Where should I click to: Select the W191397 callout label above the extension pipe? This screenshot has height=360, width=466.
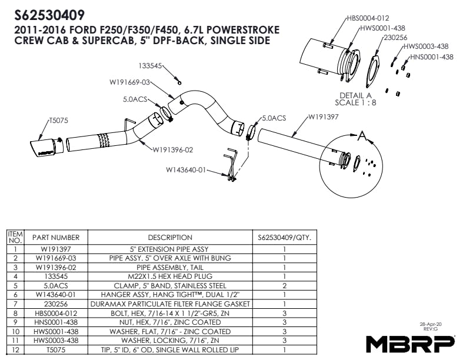[322, 118]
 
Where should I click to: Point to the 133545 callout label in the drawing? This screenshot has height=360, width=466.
[151, 66]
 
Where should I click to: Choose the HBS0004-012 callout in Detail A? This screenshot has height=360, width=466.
[368, 19]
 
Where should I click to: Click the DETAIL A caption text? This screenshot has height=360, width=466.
[356, 95]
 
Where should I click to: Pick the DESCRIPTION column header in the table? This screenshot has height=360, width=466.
[170, 238]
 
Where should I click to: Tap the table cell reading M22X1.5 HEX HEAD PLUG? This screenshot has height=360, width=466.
[170, 276]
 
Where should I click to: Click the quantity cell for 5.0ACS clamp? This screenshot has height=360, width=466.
[284, 285]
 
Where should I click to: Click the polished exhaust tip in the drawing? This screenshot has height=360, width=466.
[44, 147]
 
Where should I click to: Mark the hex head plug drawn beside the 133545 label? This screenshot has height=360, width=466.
[179, 82]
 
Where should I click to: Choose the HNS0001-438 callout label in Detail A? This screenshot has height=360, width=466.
[431, 57]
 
